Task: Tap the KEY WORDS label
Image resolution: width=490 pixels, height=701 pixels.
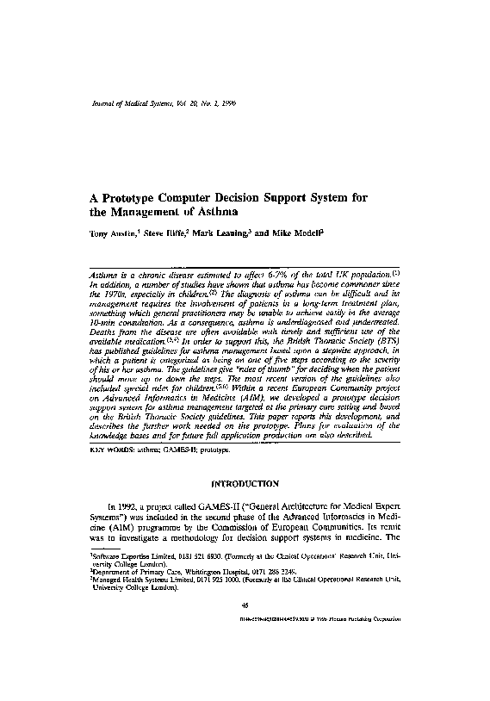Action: [112, 448]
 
